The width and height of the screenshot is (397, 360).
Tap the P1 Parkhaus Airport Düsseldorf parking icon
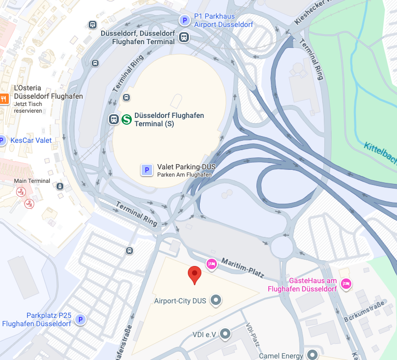[x=184, y=20]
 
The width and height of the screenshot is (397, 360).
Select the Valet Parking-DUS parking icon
[x=147, y=169]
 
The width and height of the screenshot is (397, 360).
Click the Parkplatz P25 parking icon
[x=80, y=319]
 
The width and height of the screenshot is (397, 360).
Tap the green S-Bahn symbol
[x=126, y=119]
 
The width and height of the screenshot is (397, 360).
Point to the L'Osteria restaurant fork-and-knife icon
[x=4, y=98]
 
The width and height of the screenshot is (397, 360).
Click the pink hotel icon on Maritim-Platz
[x=211, y=264]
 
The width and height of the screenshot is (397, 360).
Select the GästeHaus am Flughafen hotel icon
[x=346, y=283]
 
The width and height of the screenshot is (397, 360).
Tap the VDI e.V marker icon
[x=225, y=334]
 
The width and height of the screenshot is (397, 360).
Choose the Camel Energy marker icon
[x=312, y=355]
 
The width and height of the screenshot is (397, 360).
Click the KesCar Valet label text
[x=31, y=140]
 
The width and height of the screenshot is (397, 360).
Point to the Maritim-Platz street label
[x=243, y=266]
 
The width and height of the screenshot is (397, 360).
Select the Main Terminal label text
[x=32, y=181]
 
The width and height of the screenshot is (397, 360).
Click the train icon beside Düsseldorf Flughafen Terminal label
[x=184, y=37]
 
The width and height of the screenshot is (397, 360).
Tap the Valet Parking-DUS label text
[x=186, y=167]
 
